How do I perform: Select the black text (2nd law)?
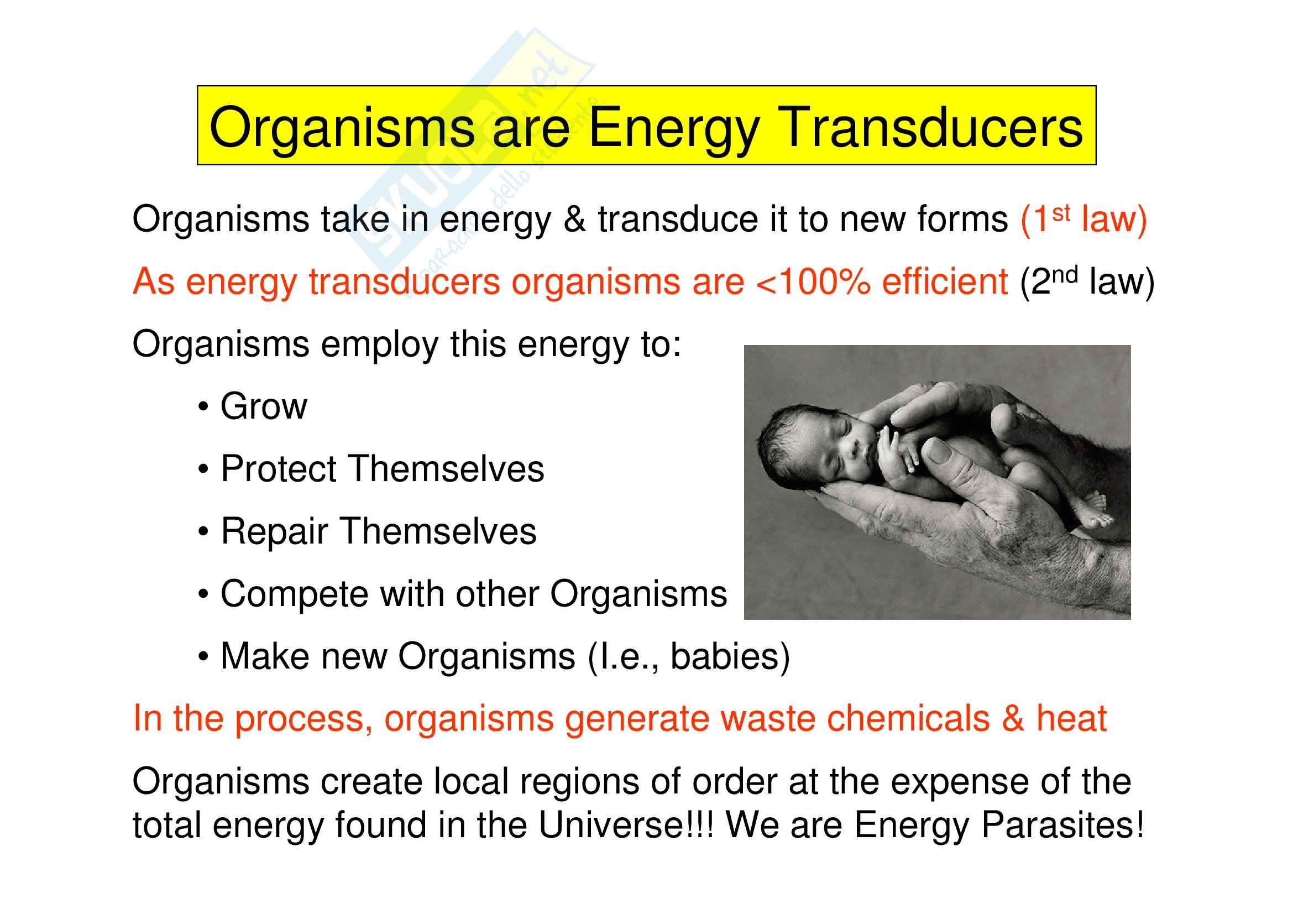coord(1087,281)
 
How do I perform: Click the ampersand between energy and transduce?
coord(574,219)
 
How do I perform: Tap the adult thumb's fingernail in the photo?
coord(940,450)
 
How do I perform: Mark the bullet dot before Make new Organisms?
coord(203,657)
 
